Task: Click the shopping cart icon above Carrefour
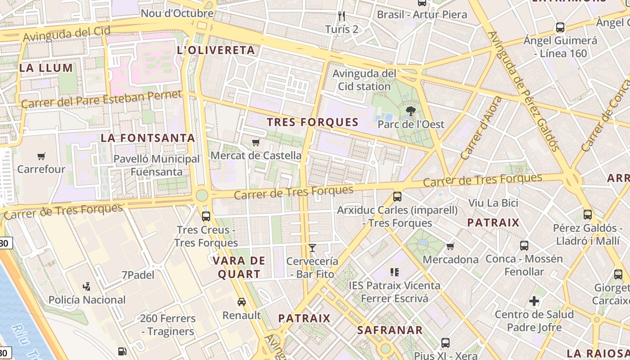(41, 157)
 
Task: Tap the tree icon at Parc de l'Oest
(410, 111)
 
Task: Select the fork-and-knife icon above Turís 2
(342, 17)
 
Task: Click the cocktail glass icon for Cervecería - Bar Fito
(312, 248)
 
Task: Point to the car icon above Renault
(242, 302)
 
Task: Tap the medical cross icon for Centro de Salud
(534, 301)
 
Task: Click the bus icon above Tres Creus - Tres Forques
(206, 216)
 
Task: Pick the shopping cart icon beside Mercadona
(450, 246)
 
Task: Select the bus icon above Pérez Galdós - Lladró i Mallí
(588, 215)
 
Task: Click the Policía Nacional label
(87, 300)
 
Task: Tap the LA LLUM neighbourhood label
(46, 68)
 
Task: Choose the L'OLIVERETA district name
(216, 50)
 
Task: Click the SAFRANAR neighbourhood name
(390, 330)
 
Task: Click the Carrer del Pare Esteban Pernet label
(101, 99)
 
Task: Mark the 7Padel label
(138, 275)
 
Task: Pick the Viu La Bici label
(493, 203)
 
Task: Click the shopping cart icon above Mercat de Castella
(256, 143)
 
